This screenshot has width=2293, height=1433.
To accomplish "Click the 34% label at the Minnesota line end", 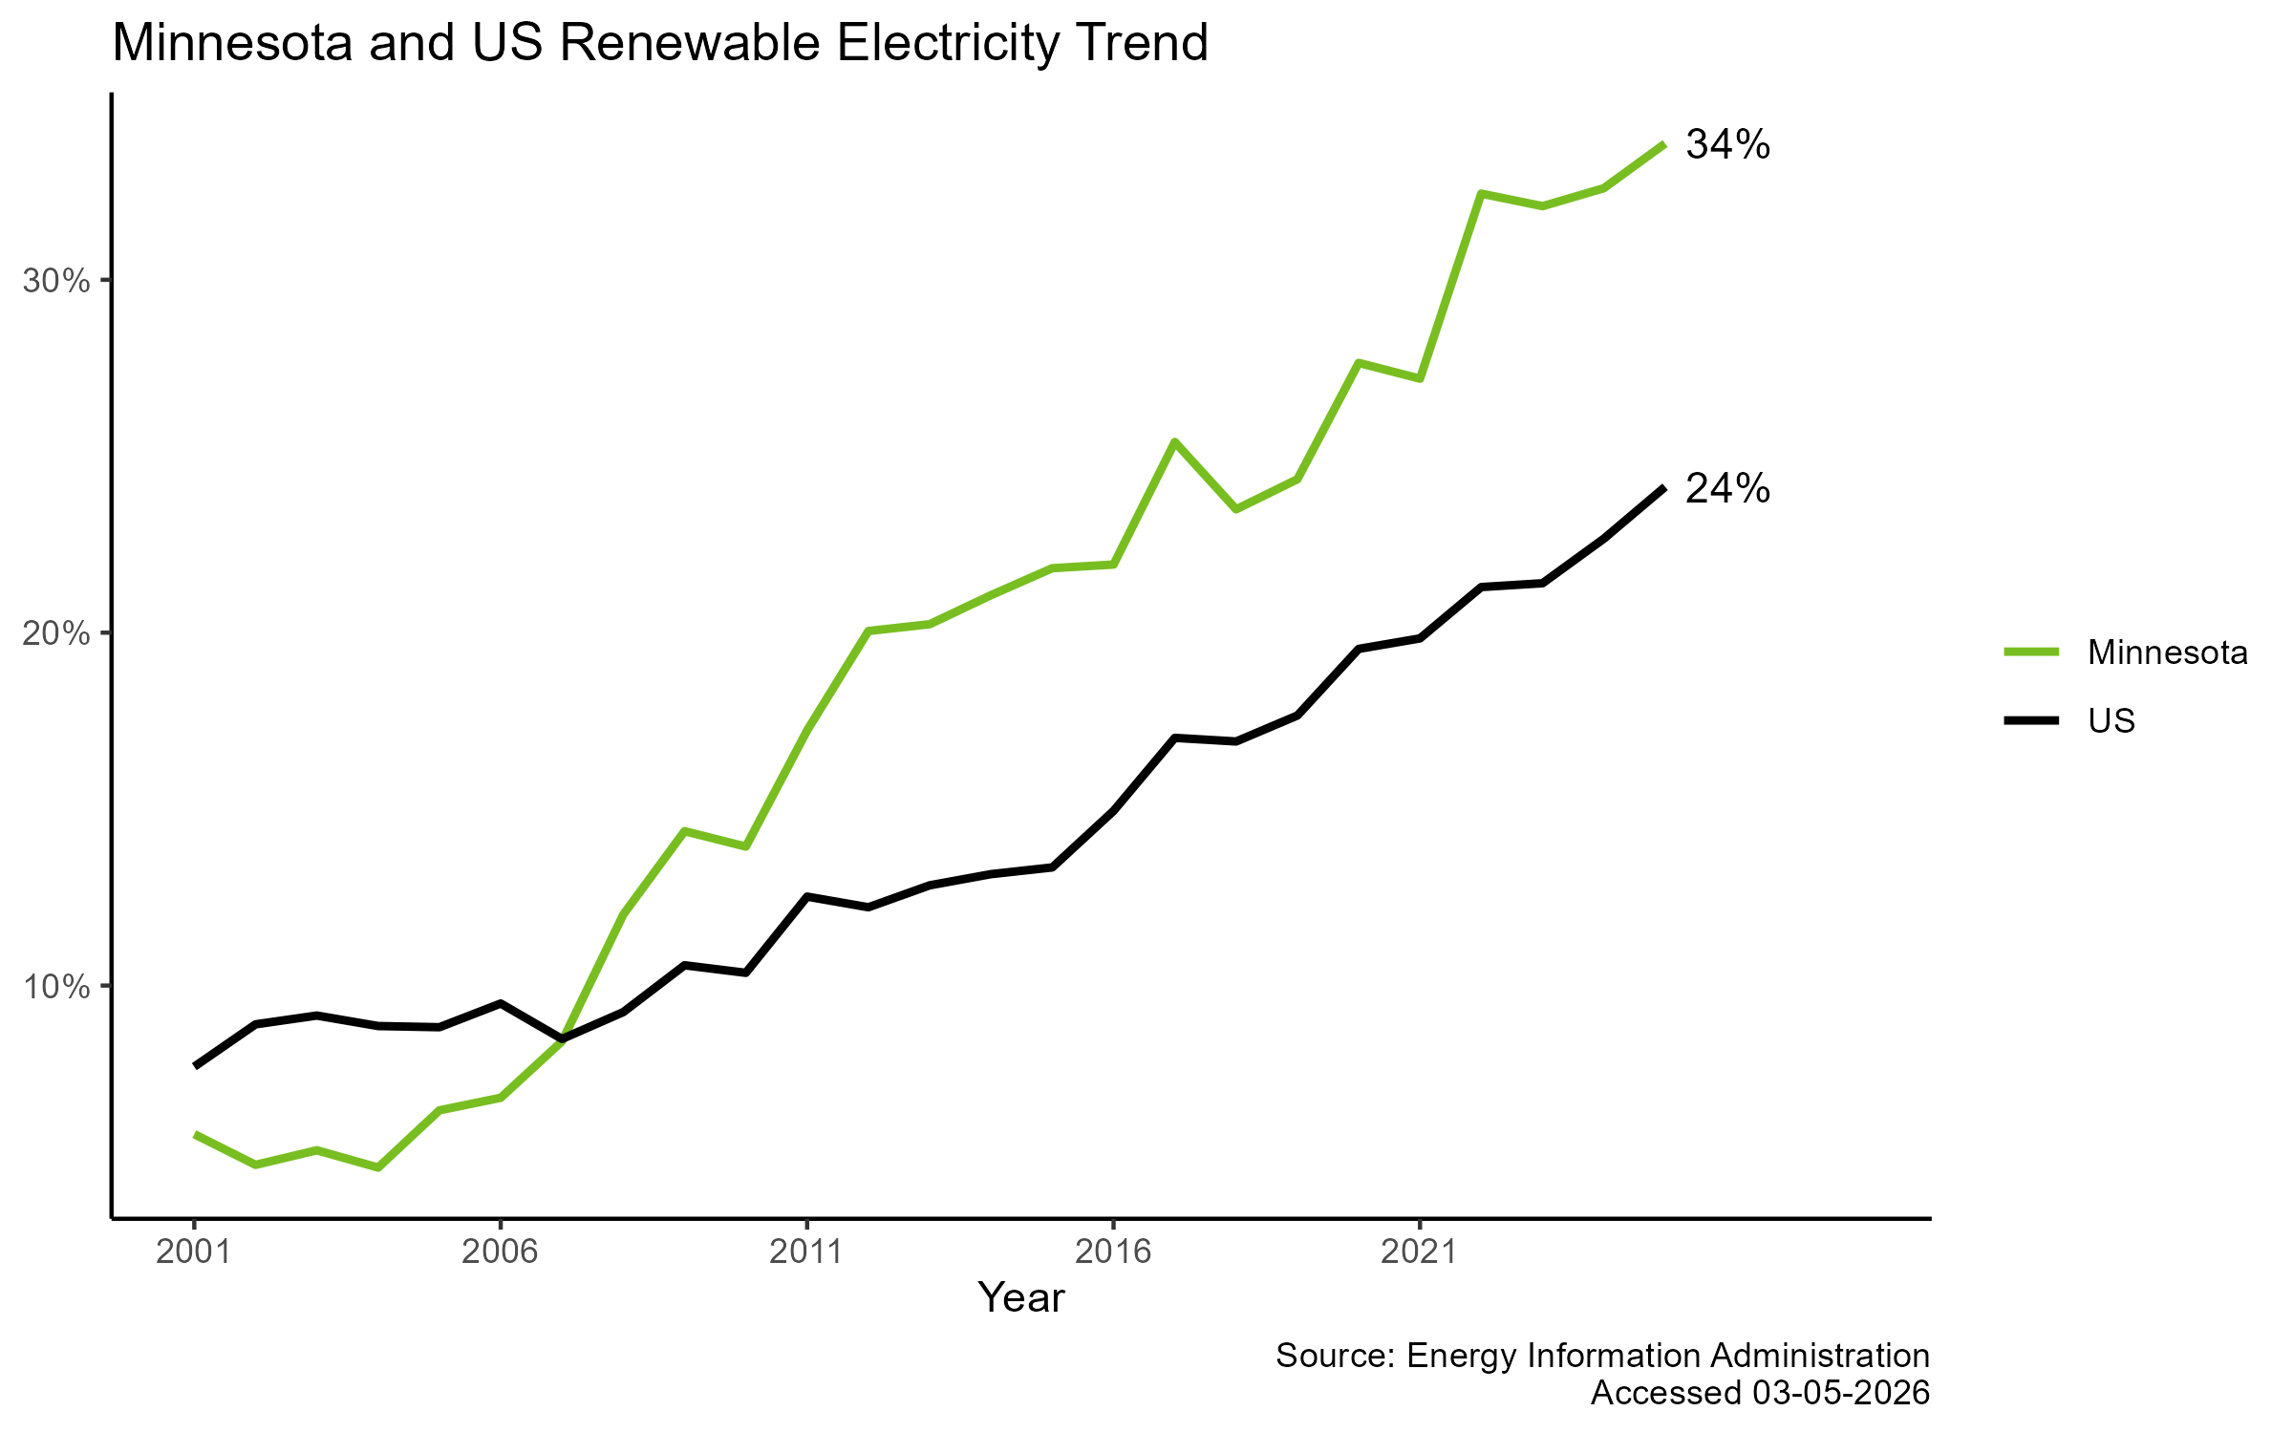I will coord(1727,145).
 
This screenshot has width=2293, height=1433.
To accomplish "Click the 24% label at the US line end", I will coord(1727,489).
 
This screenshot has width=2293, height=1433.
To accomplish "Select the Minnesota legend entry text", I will coord(2167,652).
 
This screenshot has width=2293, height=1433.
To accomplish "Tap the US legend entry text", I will coord(2111,721).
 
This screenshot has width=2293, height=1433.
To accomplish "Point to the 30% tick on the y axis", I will coord(57,281).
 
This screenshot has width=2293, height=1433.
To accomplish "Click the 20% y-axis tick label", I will coord(57,633).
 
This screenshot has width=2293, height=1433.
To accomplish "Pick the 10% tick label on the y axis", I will coord(57,987).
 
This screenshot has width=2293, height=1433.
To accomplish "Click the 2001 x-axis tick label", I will coord(194,1251).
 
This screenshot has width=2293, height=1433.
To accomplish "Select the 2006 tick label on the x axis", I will coord(500,1251).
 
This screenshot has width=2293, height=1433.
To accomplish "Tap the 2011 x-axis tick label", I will coord(806,1251).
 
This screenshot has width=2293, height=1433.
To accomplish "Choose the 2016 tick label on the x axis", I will coord(1113,1251).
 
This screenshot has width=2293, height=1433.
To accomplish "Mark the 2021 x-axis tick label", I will coord(1419,1251).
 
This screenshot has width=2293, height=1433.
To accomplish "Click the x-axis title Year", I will coord(1020,1298).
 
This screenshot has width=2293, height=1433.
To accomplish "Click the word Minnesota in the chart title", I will coord(232,44).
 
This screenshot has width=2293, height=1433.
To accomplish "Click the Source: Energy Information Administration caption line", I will coord(1602,1356).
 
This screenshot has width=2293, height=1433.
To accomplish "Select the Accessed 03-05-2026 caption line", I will coord(1759,1393).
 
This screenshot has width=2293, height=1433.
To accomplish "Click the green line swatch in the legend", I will coord(2031,652).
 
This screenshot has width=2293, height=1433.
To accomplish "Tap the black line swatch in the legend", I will coord(2031,720).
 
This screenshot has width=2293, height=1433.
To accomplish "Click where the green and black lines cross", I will coord(563,1037).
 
